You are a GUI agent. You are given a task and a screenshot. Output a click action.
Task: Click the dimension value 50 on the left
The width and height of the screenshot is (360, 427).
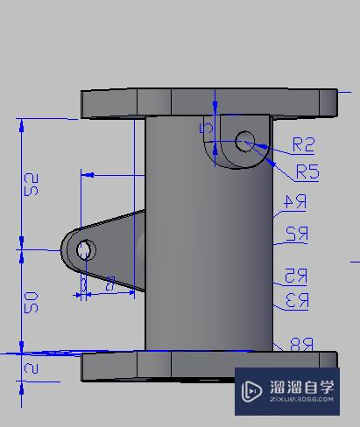click(32, 303)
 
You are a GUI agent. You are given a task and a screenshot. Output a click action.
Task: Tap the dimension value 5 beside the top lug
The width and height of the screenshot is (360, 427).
click(206, 128)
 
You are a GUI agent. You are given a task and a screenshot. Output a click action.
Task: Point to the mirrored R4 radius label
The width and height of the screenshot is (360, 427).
click(294, 203)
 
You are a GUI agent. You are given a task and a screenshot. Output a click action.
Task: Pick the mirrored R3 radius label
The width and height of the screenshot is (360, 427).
click(297, 301)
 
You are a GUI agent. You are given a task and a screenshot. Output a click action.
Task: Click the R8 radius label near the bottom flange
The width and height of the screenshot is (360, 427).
click(300, 344)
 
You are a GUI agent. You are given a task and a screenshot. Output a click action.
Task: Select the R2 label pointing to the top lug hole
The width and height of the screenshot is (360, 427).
click(303, 143)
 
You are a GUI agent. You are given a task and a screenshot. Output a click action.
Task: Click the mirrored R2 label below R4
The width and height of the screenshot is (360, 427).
click(296, 234)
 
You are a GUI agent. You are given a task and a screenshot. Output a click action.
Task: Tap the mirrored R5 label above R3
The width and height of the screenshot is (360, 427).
click(295, 276)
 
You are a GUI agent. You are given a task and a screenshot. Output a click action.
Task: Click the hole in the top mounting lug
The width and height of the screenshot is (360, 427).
click(245, 139)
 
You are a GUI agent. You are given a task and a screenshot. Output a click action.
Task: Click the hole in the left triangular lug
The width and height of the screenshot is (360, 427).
click(84, 251)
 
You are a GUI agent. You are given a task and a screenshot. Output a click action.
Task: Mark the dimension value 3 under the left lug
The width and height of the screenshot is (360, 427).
click(83, 284)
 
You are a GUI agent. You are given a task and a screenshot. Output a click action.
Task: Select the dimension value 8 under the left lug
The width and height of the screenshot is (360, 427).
click(109, 283)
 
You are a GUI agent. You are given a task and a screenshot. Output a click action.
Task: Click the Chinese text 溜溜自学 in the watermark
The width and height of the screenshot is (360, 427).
click(301, 385)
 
